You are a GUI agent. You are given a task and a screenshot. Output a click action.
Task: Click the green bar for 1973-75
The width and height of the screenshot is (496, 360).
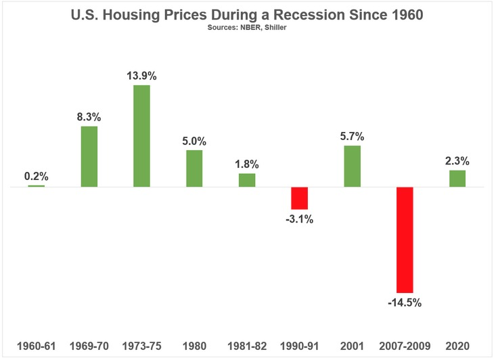coord(141,136)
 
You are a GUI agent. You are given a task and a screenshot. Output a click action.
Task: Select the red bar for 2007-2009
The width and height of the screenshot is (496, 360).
coord(405,240)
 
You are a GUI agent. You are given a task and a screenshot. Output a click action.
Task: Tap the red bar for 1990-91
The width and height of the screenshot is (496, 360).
coord(300,198)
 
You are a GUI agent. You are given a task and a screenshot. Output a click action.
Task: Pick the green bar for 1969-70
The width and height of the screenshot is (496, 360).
coord(89,156)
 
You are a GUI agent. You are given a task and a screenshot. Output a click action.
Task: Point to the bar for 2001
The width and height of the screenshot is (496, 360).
coord(352,166)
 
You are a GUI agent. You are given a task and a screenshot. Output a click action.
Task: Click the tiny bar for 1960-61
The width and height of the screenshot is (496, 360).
coord(37,186)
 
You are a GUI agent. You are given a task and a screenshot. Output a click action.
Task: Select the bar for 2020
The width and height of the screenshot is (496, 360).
coord(457,179)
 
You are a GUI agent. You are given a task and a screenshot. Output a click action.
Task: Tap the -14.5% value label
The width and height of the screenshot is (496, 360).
coord(405,302)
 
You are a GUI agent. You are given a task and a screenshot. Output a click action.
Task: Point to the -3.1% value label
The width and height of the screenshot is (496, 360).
coord(300,219)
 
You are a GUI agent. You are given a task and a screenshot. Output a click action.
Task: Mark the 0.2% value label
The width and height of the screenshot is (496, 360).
coord(37,175)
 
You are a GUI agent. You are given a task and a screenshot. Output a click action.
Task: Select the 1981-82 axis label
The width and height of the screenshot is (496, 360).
coord(247,344)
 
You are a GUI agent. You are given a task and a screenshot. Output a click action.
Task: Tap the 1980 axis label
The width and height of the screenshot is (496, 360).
coord(194,344)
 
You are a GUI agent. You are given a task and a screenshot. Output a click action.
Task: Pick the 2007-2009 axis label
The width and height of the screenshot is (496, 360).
coord(405,344)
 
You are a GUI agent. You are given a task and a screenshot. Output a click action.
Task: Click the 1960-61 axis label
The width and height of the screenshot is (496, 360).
coord(37,344)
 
